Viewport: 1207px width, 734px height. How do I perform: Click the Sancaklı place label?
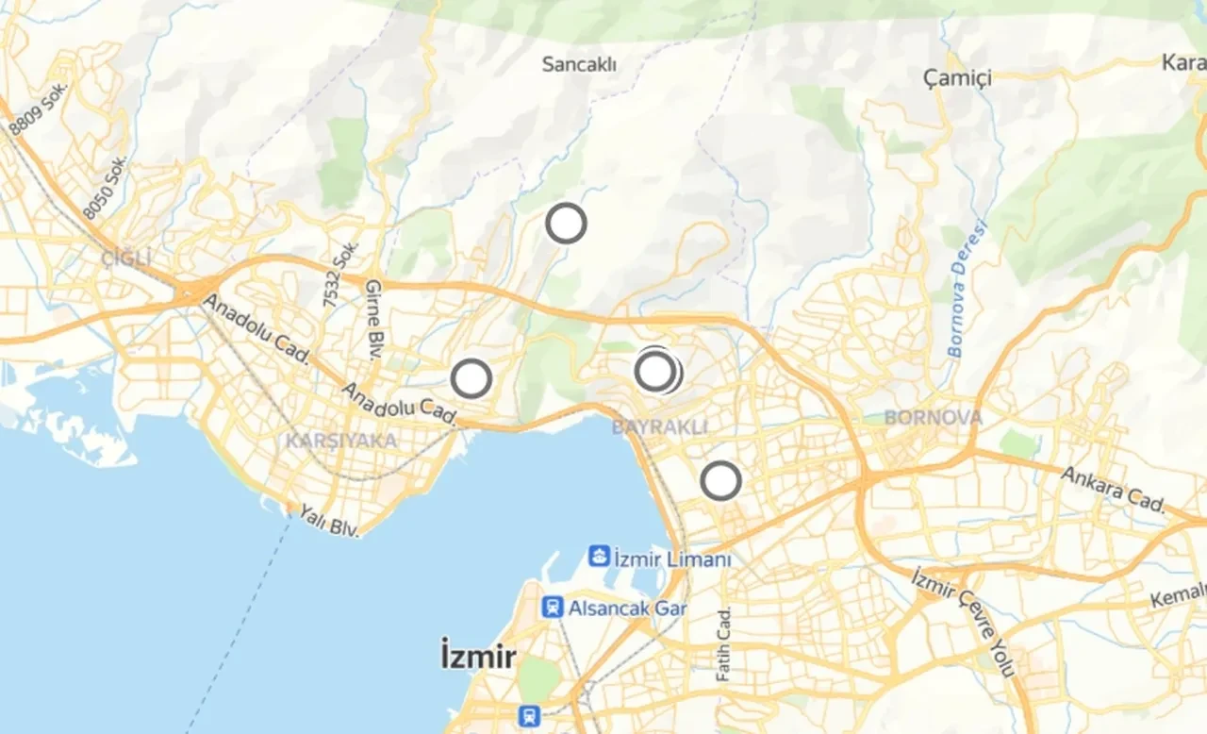click(x=579, y=64)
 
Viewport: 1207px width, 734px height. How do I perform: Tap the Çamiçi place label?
click(x=957, y=78)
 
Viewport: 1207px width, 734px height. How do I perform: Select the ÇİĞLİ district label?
click(x=126, y=258)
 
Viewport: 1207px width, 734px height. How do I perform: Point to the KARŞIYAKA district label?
click(x=341, y=441)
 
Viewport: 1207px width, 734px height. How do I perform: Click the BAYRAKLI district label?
click(x=659, y=427)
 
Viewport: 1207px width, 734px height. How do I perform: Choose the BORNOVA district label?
click(x=934, y=417)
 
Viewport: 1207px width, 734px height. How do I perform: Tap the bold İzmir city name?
click(x=478, y=655)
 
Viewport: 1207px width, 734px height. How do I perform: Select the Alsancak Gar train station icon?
click(x=553, y=607)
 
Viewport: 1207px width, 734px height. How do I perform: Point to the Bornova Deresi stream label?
click(x=967, y=289)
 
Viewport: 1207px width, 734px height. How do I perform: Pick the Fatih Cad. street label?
click(x=724, y=643)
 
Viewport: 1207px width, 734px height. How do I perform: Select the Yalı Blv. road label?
click(x=330, y=521)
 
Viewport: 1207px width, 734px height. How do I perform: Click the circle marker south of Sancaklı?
click(x=567, y=224)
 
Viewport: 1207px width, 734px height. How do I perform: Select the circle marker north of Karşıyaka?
click(x=471, y=378)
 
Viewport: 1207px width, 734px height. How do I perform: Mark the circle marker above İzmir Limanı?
click(x=721, y=481)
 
